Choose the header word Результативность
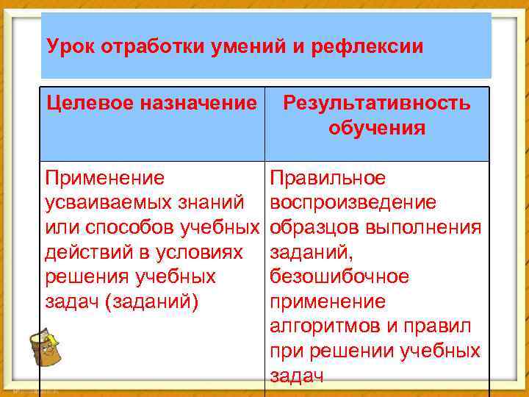coord(377,103)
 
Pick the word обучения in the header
coord(377,128)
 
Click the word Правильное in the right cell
coord(328,178)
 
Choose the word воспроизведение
coord(353,202)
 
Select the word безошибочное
coord(339,277)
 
